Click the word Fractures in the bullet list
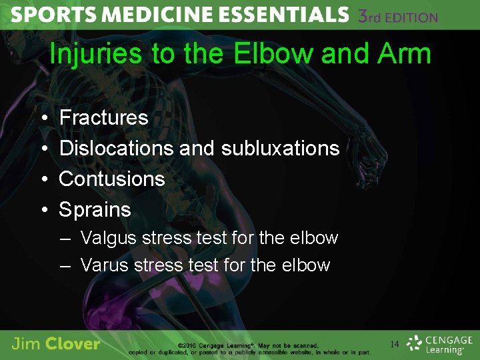(103, 118)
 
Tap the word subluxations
(280, 148)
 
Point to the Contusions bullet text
(111, 179)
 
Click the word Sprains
(95, 209)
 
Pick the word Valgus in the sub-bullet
(104, 238)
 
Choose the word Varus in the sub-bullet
(104, 265)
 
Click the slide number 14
(394, 345)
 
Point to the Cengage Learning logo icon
(415, 343)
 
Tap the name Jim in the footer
(27, 344)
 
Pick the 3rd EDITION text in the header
(397, 17)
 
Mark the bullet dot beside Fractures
(43, 119)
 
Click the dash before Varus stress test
(65, 266)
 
